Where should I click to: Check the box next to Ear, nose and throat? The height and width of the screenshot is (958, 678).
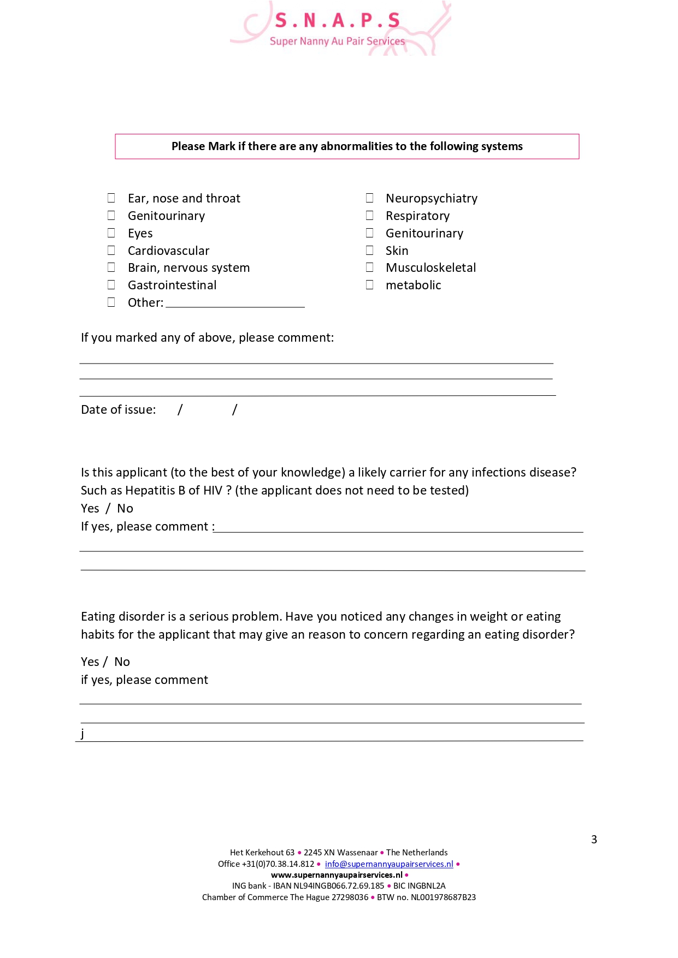coord(111,198)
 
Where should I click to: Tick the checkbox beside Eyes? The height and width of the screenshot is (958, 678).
coord(111,233)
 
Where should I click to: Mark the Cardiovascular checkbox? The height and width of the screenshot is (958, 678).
coord(111,250)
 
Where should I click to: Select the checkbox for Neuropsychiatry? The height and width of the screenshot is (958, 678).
coord(370,198)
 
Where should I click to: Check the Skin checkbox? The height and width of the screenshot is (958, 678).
coord(370,250)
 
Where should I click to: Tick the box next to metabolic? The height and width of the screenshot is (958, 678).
coord(370,284)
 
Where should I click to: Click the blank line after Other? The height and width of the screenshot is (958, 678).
coord(235,303)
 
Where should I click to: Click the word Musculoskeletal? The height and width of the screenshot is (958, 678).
coord(431,267)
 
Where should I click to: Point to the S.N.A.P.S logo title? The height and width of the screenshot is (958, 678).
coord(337,20)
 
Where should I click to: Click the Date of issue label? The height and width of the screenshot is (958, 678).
coord(118,409)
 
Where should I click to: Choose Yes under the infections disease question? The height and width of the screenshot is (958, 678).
coord(90,508)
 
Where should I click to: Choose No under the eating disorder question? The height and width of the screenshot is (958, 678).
coord(122,662)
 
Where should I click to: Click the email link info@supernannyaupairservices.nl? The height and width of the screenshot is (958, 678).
coord(389,864)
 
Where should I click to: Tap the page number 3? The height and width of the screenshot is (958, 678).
coord(594,840)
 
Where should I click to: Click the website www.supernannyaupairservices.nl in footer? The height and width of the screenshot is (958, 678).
coord(337,874)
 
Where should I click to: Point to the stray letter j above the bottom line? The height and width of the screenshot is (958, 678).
coord(82,733)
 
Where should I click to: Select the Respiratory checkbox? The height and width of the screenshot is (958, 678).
coord(370,215)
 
